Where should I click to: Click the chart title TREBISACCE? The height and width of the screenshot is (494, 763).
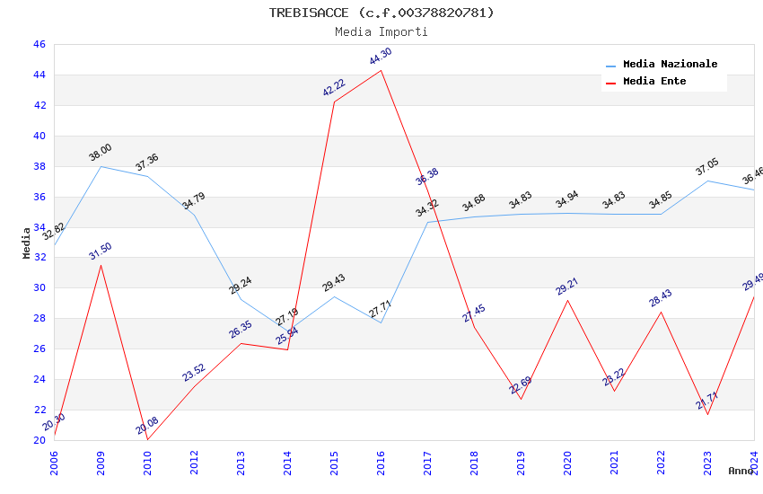click(x=381, y=13)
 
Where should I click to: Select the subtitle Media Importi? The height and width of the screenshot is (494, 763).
click(x=381, y=31)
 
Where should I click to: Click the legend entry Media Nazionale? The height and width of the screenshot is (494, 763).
click(x=670, y=65)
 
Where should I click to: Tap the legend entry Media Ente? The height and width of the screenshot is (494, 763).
click(x=654, y=82)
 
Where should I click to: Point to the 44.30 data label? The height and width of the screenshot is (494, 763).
click(x=381, y=57)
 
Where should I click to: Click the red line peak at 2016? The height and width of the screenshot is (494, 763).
click(x=381, y=70)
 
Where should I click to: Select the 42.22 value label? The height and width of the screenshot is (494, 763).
click(x=334, y=88)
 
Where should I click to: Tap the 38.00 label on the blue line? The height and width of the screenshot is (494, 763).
click(x=101, y=153)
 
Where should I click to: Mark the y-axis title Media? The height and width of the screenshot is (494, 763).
click(x=27, y=243)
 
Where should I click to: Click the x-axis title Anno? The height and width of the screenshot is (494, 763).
click(x=741, y=471)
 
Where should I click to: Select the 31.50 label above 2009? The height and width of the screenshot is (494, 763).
click(x=101, y=251)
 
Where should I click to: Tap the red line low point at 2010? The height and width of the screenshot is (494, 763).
click(x=147, y=439)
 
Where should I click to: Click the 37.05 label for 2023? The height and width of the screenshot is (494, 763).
click(x=707, y=167)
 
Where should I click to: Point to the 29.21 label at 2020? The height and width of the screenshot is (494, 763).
click(x=567, y=287)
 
